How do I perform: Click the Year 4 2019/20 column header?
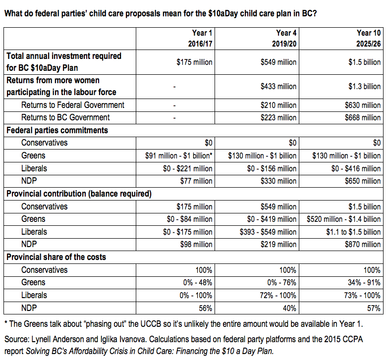[x=284, y=38]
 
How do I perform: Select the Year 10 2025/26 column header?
[x=369, y=38]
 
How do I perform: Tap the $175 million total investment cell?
[x=194, y=62]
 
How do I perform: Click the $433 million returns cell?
[x=278, y=87]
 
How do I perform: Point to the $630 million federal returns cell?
[x=363, y=105]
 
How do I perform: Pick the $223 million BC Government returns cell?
[x=278, y=118]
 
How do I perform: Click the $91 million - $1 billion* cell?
[x=179, y=156]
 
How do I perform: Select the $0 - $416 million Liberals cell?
[x=356, y=169]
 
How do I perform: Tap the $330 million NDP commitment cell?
[x=278, y=181]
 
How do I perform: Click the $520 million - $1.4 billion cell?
[x=343, y=219]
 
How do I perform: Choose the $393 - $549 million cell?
[x=268, y=232]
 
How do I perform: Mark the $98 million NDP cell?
[x=196, y=244]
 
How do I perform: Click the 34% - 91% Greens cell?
[x=364, y=283]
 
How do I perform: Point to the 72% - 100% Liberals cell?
[x=278, y=296]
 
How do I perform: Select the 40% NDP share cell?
[x=289, y=308]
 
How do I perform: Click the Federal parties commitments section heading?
[x=57, y=130]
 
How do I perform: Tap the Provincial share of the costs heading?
[x=56, y=257]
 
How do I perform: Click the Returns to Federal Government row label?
[x=73, y=105]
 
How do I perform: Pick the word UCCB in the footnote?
[x=151, y=324]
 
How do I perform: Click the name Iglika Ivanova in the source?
[x=122, y=340]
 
